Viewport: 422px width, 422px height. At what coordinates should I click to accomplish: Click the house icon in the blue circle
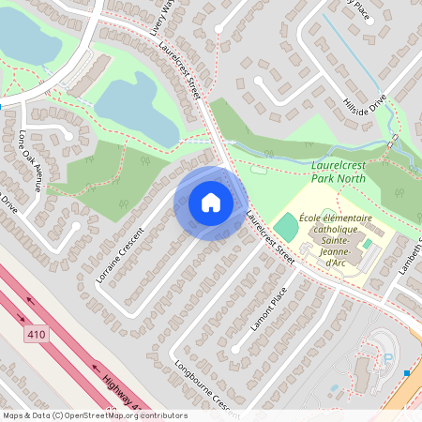pos(210,203)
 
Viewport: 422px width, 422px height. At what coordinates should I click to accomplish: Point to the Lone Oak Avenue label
pos(29,159)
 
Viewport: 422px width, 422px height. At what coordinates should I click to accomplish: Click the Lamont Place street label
pos(269,309)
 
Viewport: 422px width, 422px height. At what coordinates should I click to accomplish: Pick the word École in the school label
pos(309,219)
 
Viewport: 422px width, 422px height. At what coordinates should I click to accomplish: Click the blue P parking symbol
pos(387,357)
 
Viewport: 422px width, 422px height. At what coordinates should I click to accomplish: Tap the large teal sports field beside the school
pos(285,226)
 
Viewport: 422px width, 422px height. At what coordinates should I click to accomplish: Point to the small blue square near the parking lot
pos(407,372)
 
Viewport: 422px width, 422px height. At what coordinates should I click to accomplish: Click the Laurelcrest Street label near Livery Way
pos(181,71)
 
